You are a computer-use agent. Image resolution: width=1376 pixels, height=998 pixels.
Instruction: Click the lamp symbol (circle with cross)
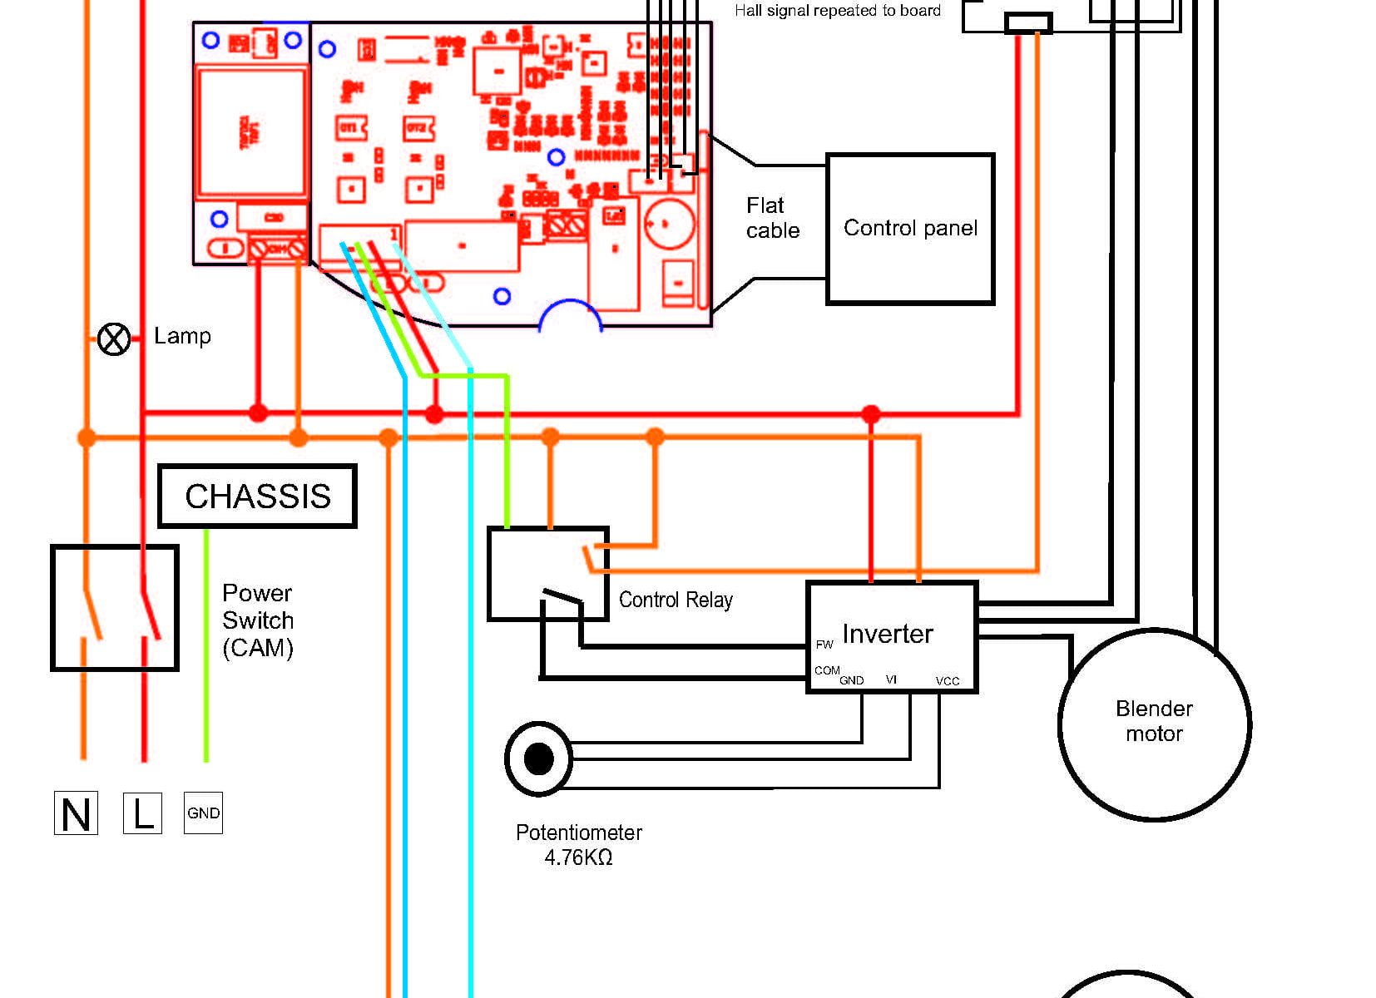pos(114,339)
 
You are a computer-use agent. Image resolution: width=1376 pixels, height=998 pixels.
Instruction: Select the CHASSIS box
pos(257,496)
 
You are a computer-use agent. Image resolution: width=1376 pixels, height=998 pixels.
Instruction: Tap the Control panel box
pos(910,229)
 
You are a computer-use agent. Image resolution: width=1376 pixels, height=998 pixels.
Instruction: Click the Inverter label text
pos(887,634)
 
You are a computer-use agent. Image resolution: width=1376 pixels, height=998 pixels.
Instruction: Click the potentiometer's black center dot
pos(539,758)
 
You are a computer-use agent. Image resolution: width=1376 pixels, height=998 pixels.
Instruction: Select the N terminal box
pos(76,813)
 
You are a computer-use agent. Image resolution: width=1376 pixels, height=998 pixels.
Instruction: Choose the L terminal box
pos(143,813)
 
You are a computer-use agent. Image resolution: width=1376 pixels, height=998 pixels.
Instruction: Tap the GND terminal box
pos(203,813)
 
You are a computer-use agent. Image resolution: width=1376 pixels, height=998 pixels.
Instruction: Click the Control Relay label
pos(676,600)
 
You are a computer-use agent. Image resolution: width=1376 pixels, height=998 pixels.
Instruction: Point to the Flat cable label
pos(772,218)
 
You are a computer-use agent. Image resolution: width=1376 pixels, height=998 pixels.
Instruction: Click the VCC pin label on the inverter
pos(948,681)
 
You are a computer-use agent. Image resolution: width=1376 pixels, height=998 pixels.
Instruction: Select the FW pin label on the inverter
pos(824,645)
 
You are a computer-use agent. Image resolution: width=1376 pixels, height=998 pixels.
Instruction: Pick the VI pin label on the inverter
pos(891,679)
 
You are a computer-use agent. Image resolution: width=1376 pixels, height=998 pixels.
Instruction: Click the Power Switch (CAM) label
pos(258,620)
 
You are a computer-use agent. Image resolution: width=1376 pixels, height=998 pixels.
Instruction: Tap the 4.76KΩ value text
pos(578,857)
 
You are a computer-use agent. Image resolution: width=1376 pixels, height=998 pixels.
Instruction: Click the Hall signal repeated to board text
pos(837,11)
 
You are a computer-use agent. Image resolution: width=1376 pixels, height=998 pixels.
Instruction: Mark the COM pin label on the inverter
pos(827,670)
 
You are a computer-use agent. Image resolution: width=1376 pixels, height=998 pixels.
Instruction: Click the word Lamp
pos(182,336)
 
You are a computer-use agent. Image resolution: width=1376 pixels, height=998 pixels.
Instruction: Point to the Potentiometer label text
pos(579,832)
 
